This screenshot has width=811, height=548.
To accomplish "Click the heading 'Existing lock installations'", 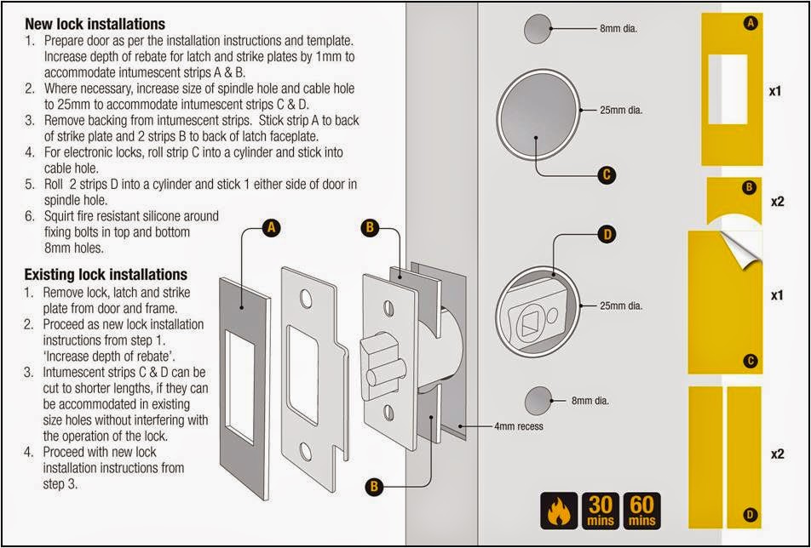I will [x=105, y=274].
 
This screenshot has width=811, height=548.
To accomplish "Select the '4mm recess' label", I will [x=518, y=425].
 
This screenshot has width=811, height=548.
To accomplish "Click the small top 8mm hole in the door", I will [x=536, y=30].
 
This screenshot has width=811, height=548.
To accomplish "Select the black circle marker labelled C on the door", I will [x=607, y=175].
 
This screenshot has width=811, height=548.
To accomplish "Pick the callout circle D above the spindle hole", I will [x=607, y=234].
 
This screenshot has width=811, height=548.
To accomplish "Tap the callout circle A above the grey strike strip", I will [x=271, y=228].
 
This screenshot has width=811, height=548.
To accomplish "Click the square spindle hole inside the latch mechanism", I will [x=526, y=321].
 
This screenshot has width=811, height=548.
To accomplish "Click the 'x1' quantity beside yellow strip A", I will [x=776, y=89].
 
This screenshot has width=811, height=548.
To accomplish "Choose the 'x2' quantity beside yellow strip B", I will [x=776, y=202].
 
